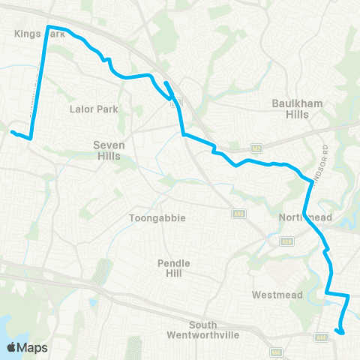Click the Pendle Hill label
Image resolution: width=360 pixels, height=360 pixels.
point(174,268)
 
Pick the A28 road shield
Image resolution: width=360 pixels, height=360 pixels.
point(286,241)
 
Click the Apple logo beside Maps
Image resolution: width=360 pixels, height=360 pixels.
point(12,347)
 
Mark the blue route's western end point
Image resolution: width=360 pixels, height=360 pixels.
point(12,133)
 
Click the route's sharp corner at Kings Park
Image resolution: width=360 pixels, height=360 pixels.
point(49,27)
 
